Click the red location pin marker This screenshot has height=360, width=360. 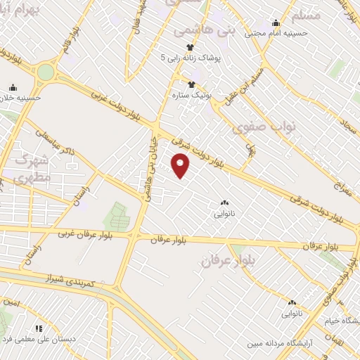coord(181,165)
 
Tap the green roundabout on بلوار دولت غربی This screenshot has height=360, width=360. coord(46,72)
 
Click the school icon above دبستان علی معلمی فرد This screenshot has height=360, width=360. coord(39,328)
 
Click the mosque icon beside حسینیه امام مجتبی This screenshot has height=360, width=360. coord(275,22)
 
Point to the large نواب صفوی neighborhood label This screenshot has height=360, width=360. coord(256,128)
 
